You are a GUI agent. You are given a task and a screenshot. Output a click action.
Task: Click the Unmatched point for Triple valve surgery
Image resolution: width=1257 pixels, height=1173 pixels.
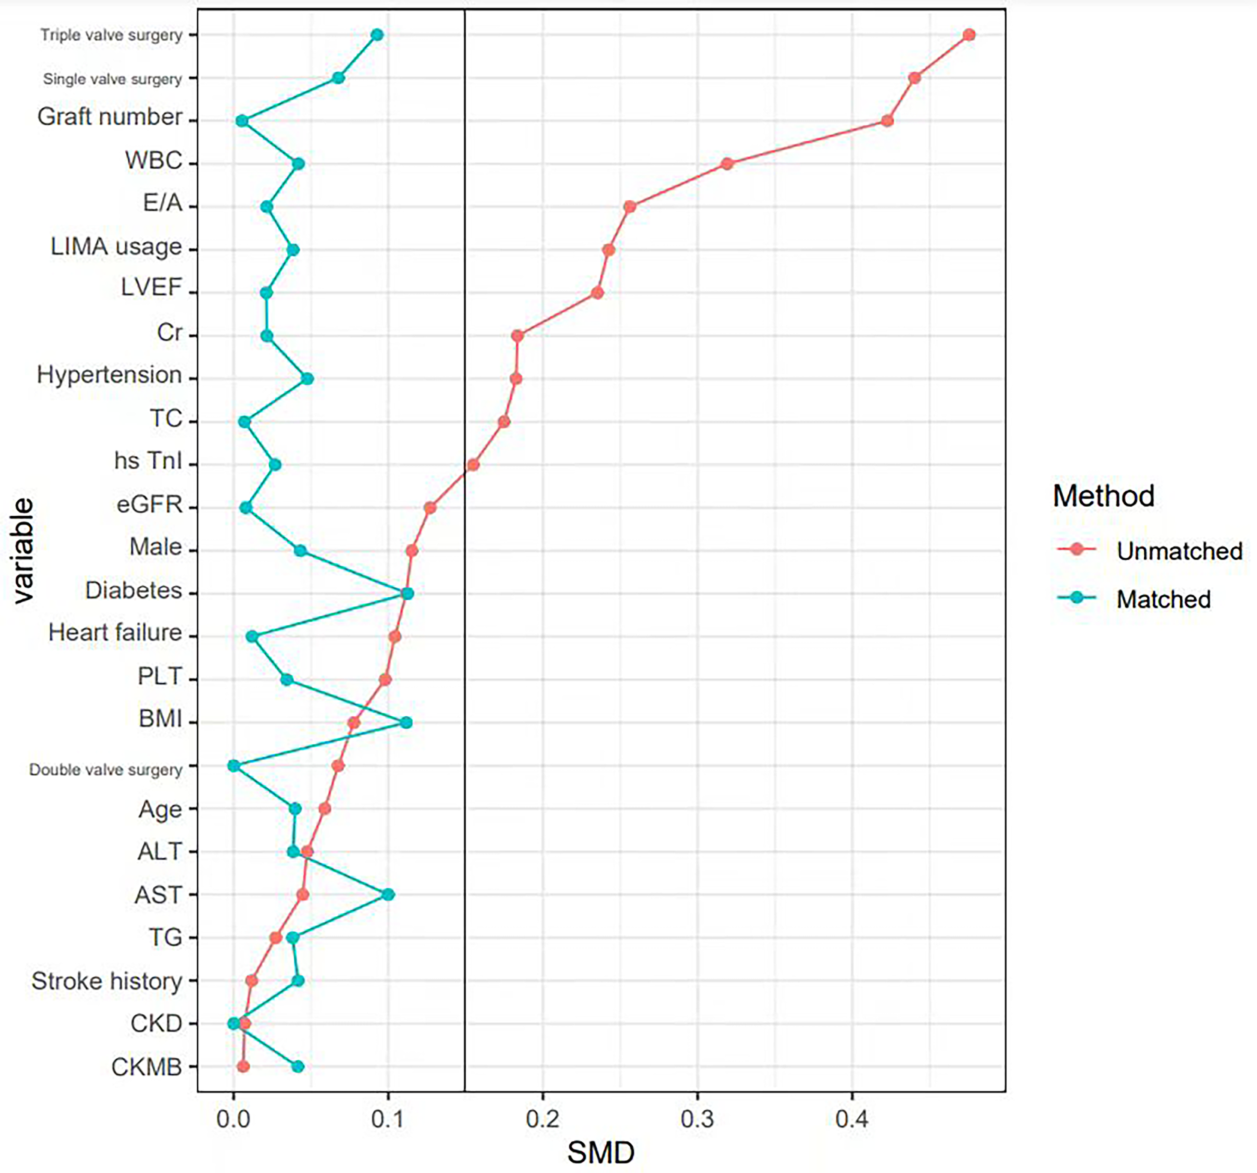point(969,35)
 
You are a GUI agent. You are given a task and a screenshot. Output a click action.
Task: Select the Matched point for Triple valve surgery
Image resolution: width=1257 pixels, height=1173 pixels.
point(377,35)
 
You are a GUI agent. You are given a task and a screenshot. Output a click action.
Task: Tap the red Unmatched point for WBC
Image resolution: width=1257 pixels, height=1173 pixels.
point(727,164)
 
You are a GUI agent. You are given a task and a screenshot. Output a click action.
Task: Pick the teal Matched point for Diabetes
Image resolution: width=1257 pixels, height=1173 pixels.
point(408,594)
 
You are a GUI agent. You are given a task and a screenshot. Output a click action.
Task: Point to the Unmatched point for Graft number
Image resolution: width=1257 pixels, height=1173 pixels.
point(887,121)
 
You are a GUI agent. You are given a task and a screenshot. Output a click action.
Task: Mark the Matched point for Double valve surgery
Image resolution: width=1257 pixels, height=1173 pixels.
point(233,766)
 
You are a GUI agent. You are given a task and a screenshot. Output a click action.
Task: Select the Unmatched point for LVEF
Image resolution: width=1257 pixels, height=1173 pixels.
point(597,293)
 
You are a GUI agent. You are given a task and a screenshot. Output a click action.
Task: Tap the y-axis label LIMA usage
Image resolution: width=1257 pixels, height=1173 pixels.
point(116,247)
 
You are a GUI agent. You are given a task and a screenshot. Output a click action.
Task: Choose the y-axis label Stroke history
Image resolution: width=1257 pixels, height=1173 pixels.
point(107,981)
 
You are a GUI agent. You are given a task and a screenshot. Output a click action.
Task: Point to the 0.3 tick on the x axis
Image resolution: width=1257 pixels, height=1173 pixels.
point(698,1119)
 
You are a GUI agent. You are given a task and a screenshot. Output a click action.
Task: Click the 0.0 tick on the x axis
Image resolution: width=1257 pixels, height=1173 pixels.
point(233,1119)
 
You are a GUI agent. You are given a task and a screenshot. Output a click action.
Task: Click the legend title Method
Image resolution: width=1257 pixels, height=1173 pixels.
point(1104,496)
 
